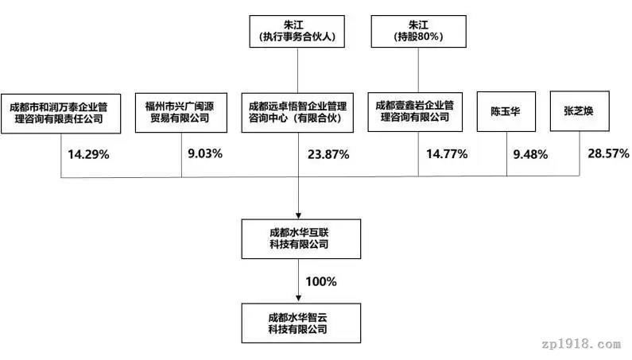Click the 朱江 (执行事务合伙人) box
coord(297,32)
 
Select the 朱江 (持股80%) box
coord(418,32)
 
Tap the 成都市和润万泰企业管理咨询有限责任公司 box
coord(61,114)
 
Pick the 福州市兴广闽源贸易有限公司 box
coord(181,113)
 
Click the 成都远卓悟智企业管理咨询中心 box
coord(297,113)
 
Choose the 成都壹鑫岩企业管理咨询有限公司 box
coord(415,112)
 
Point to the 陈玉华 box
coord(506,112)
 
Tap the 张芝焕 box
coord(580,111)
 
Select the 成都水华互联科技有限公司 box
coord(301,239)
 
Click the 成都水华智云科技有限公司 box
coord(301,323)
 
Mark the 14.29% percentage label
coord(88,154)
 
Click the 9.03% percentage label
coord(205,153)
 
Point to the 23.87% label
coord(328,154)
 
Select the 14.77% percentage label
coord(447,154)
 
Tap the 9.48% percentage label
coord(530,154)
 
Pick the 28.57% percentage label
coord(608,153)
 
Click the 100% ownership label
coord(321,281)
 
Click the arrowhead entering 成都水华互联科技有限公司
coord(298,216)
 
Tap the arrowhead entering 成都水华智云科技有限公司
coord(298,299)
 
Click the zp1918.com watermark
coord(581,345)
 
